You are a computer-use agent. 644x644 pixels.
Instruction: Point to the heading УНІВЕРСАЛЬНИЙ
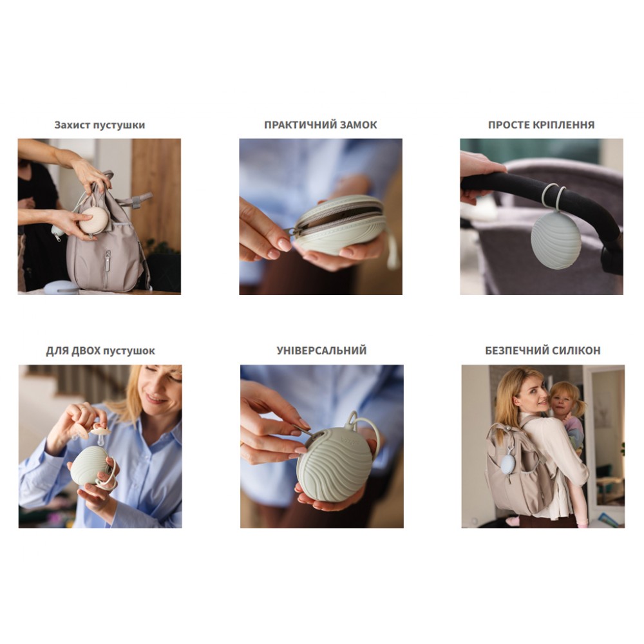pyautogui.click(x=321, y=351)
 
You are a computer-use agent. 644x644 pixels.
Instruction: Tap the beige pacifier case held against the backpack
pyautogui.click(x=93, y=220)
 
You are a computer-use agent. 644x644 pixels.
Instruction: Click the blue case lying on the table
pyautogui.click(x=61, y=287)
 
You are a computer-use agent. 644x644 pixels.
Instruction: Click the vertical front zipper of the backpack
pyautogui.click(x=107, y=269)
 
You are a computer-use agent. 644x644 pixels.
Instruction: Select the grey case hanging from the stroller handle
pyautogui.click(x=556, y=241)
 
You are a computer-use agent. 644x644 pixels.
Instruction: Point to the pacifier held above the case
pyautogui.click(x=100, y=435)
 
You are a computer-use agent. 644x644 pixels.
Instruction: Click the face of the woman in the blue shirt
pyautogui.click(x=160, y=388)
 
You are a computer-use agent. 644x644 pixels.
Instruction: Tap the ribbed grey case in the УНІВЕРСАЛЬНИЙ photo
pyautogui.click(x=335, y=464)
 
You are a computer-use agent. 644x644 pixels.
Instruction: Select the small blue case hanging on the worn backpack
pyautogui.click(x=508, y=464)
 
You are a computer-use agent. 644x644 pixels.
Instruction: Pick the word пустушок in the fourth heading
pyautogui.click(x=129, y=352)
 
